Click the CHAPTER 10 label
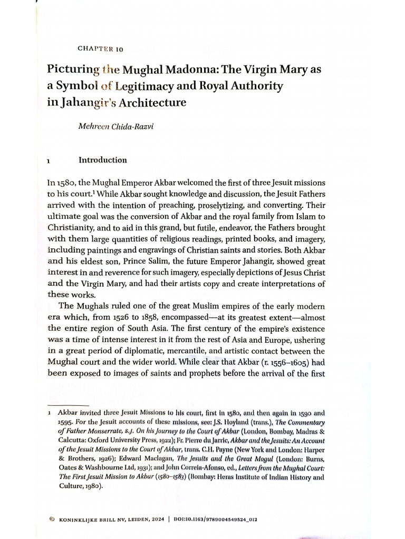coord(100,49)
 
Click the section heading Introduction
coord(102,160)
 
